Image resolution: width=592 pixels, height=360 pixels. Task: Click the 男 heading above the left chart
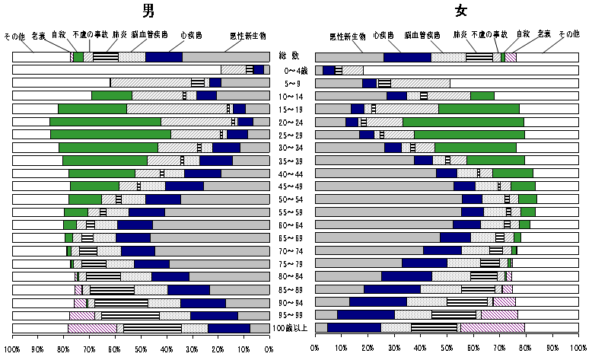149,11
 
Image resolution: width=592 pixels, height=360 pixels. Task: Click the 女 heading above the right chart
461,11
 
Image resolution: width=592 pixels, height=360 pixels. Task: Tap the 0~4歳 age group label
291,69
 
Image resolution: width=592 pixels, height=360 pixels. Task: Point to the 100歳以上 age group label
291,328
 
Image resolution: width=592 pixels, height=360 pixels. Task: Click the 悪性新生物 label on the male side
248,36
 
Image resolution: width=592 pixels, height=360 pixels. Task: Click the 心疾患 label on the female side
384,35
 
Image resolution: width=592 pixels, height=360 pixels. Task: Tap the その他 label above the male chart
14,36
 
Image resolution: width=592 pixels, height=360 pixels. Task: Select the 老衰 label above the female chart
543,34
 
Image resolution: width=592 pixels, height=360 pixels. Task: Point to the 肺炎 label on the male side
119,34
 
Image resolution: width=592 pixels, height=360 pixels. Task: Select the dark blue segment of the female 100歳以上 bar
354,328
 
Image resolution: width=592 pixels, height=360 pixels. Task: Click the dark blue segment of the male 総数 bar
164,56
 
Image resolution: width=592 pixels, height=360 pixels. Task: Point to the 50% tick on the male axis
141,349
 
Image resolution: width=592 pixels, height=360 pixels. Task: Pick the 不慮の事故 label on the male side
91,34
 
